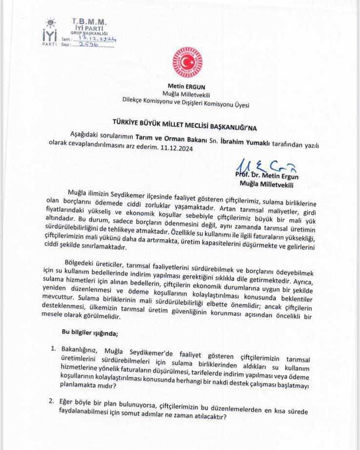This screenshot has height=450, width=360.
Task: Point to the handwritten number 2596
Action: pos(86,44)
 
